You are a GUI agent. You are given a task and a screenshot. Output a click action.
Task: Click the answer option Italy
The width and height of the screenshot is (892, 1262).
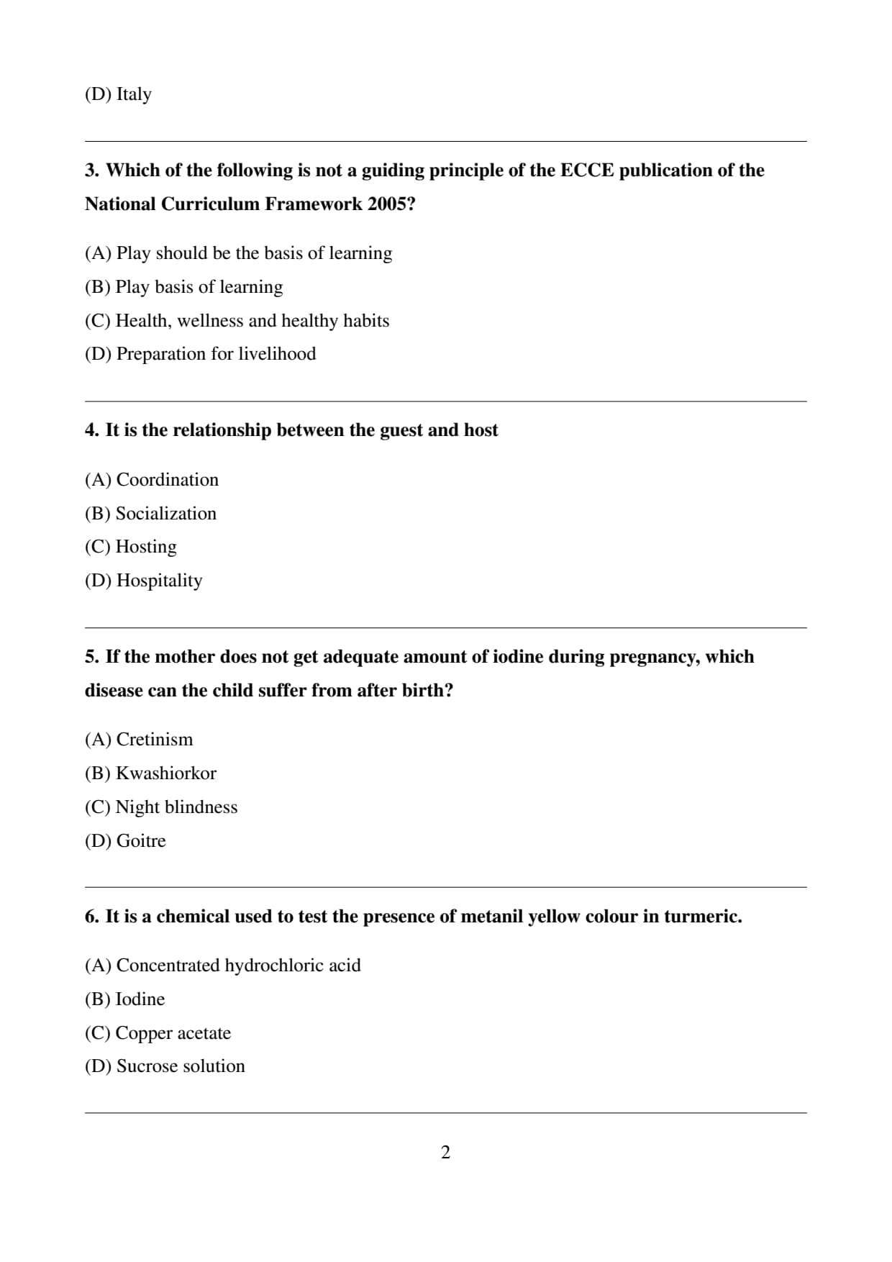click(134, 94)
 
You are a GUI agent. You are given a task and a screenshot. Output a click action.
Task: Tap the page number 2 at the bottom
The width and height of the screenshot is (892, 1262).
click(445, 1152)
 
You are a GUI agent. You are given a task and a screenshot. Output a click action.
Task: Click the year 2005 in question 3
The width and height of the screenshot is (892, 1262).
click(387, 204)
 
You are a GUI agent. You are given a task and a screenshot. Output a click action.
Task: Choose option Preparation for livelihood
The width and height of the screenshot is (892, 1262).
click(216, 354)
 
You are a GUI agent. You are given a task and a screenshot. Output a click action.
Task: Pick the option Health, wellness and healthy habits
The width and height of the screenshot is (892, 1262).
click(252, 321)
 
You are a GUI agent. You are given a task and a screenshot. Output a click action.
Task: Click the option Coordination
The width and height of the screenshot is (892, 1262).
click(167, 480)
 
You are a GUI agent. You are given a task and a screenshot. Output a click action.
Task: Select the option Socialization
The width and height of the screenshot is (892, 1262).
click(165, 514)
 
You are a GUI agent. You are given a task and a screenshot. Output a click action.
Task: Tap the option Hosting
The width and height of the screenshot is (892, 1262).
click(146, 547)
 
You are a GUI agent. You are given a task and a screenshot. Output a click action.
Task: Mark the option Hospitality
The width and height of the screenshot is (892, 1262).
click(159, 581)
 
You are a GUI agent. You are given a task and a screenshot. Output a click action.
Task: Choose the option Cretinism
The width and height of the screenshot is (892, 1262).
click(154, 740)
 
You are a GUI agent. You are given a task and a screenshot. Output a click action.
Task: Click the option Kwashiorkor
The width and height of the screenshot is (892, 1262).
click(165, 773)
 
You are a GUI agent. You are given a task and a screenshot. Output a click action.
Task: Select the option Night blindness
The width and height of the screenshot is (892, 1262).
click(176, 807)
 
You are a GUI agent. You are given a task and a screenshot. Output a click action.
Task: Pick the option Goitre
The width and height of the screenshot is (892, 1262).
click(141, 841)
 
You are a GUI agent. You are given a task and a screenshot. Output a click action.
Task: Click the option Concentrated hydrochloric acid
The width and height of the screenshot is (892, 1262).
click(238, 966)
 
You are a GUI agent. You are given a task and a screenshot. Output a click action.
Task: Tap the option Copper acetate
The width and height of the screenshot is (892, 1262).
click(173, 1033)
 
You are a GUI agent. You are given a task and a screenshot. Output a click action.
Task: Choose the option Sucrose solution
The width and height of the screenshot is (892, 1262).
click(181, 1066)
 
